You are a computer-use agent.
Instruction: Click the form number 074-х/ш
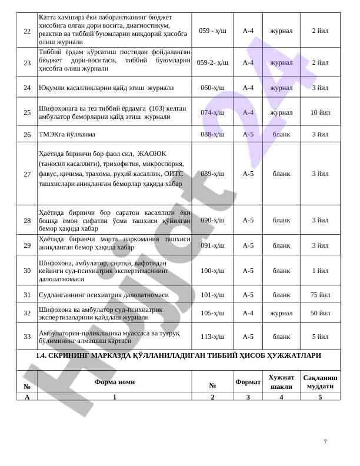coord(212,112)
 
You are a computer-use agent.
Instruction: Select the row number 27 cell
coord(27,174)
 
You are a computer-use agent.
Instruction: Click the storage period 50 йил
coord(320,313)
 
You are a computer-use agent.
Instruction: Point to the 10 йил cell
coord(320,112)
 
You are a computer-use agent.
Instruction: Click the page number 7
coord(325,441)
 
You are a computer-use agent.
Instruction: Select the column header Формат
coord(248,382)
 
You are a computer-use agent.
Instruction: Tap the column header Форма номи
coord(114,382)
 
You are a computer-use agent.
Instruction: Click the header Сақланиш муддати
coord(320,382)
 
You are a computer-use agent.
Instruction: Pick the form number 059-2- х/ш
coord(212,62)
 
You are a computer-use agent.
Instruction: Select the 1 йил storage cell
coord(320,271)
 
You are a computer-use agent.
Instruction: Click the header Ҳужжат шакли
coord(281,382)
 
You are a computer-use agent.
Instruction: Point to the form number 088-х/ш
coord(212,134)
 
